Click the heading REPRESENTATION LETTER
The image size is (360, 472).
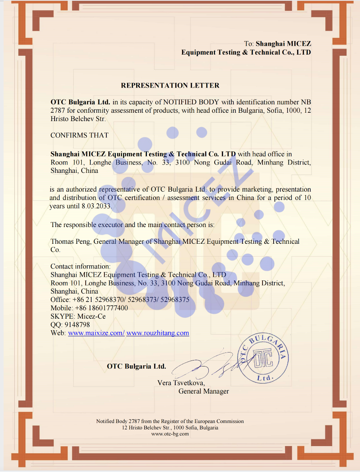(x=170, y=86)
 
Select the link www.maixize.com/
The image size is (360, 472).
(x=96, y=333)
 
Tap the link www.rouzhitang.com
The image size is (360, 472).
(x=158, y=333)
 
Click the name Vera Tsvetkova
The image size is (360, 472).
(x=181, y=383)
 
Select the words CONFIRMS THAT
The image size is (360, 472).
(x=79, y=135)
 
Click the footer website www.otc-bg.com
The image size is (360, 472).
(x=170, y=434)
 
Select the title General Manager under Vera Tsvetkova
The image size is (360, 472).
(x=203, y=391)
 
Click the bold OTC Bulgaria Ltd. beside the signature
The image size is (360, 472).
(x=136, y=366)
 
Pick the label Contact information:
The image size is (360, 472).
(x=80, y=266)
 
